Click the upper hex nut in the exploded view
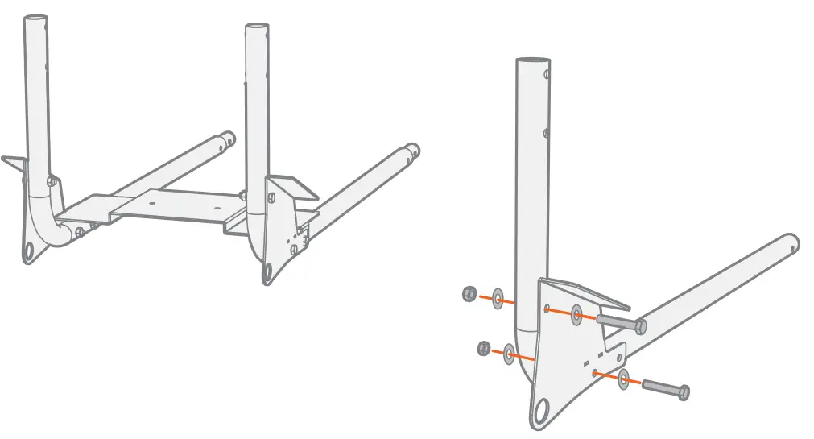[467, 294]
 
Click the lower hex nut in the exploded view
[484, 348]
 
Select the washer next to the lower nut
[510, 353]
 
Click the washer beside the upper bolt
[577, 314]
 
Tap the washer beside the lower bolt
[623, 378]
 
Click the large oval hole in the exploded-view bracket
[544, 410]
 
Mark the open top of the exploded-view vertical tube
[531, 61]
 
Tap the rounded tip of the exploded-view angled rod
[792, 242]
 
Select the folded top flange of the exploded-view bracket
[588, 291]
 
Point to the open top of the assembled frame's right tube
[257, 27]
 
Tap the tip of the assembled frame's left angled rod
[229, 138]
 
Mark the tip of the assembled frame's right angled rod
[412, 150]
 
